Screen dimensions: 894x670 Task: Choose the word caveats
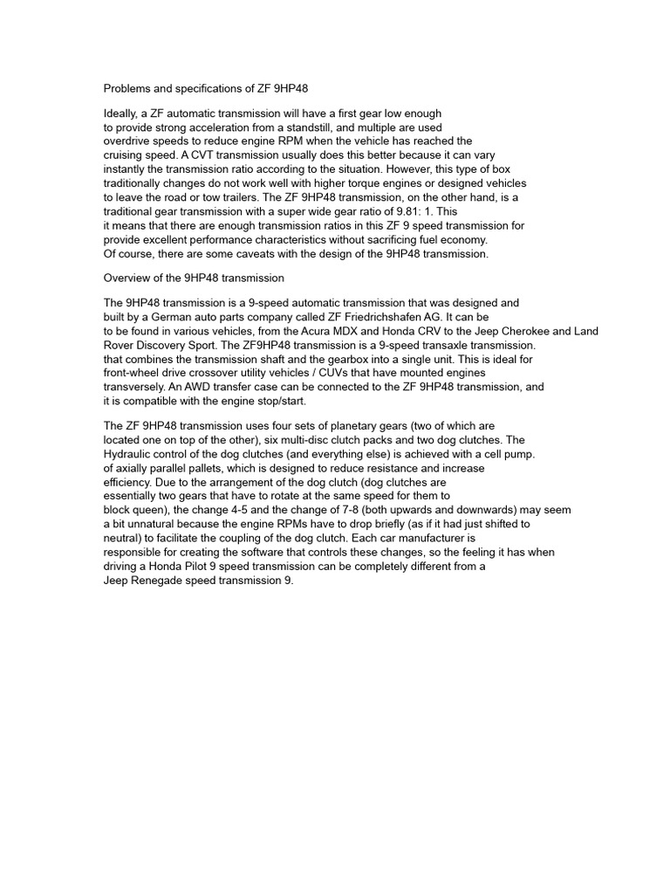click(254, 253)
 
